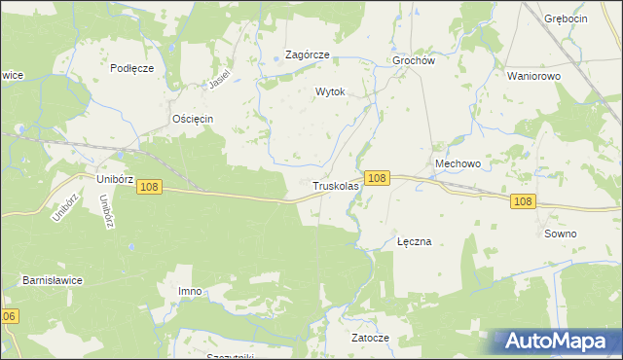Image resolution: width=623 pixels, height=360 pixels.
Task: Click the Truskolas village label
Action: [336, 185]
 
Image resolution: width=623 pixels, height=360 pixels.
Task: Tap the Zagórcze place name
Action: [307, 55]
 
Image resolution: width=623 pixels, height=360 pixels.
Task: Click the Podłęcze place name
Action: [132, 68]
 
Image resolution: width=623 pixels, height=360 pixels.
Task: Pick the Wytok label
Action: [330, 91]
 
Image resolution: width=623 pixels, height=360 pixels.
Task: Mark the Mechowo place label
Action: [458, 164]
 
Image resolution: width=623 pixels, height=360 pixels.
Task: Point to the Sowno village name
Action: [561, 234]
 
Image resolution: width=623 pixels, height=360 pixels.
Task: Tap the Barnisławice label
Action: [53, 280]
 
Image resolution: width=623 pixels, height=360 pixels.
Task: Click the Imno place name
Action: [190, 292]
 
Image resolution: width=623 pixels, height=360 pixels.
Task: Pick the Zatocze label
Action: [370, 338]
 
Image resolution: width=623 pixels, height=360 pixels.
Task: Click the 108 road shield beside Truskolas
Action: [379, 178]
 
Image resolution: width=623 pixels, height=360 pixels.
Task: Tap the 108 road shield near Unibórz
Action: [149, 186]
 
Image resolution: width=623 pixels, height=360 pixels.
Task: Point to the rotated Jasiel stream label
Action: [224, 79]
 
